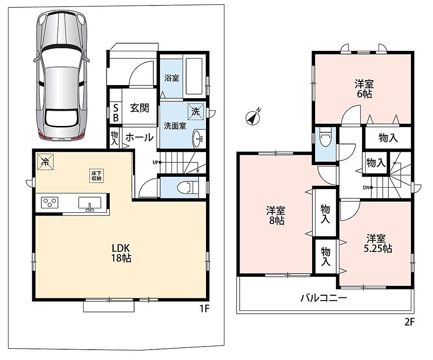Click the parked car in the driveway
point(61,75)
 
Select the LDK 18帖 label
point(121,253)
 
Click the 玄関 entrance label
point(140,108)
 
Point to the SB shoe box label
point(116,112)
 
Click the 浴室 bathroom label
point(172,78)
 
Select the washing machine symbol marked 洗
point(196,112)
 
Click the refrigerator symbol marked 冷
point(45,162)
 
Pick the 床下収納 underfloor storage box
point(97,175)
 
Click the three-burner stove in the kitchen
point(49,202)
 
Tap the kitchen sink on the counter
point(90,203)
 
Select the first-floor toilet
point(188,187)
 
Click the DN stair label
point(366,188)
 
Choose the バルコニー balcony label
point(324,298)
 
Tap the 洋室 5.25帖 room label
point(378,243)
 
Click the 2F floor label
point(410,322)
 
